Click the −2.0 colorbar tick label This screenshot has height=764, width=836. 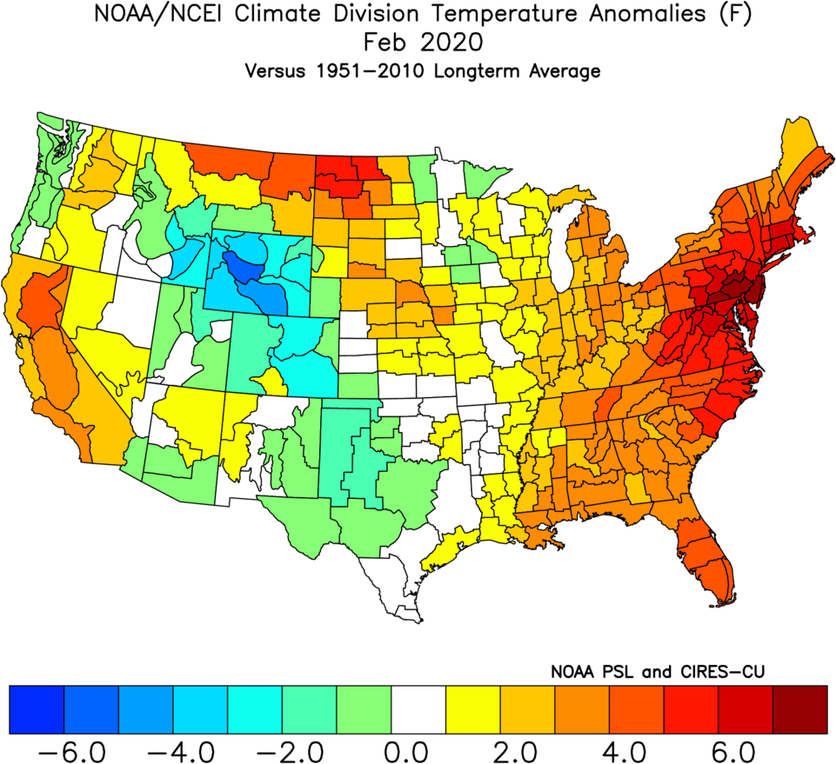280,749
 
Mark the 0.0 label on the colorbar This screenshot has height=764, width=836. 418,749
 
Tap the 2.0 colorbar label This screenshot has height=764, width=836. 526,749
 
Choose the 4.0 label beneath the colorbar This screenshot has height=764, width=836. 636,749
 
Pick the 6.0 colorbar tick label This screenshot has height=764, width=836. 746,749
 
